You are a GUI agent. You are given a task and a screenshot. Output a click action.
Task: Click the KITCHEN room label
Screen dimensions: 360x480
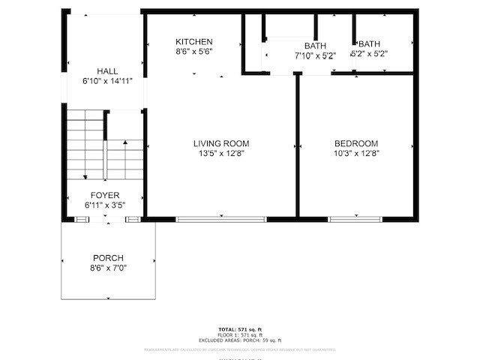coord(194,42)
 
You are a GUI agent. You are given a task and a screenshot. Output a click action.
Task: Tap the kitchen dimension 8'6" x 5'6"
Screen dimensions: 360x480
coord(194,52)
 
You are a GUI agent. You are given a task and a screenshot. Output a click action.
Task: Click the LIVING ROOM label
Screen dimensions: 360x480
coord(221,143)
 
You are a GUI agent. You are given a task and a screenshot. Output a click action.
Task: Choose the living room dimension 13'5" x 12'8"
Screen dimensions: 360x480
coord(221,153)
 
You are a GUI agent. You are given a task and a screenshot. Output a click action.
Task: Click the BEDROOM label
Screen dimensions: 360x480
coord(356,143)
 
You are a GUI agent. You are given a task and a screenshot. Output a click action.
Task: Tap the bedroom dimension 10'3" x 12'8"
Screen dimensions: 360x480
coord(356,153)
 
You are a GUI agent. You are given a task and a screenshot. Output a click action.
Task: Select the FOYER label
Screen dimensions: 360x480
coord(105,195)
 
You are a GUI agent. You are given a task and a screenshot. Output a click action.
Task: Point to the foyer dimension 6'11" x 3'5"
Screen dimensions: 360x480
coord(105,205)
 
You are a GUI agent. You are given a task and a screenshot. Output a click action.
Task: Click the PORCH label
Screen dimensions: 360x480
coord(108,258)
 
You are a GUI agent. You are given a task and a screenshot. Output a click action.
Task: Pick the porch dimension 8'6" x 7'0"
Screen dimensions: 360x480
coord(108,268)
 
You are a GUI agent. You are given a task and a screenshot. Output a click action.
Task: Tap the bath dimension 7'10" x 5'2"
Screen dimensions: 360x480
coord(315,55)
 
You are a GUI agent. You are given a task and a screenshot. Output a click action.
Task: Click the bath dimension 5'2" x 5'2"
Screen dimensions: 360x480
coord(370,54)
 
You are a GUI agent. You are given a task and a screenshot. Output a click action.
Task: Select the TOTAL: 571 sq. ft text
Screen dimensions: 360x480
coord(240,330)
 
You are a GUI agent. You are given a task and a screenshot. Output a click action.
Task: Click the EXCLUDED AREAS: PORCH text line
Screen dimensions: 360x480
coord(240,340)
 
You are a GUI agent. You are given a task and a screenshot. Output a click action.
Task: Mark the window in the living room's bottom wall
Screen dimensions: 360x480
coord(221,219)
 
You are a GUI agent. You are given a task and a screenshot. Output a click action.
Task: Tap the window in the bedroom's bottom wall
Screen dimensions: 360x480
coord(355,219)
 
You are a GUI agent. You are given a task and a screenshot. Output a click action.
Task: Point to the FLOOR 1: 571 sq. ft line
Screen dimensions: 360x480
coord(240,335)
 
